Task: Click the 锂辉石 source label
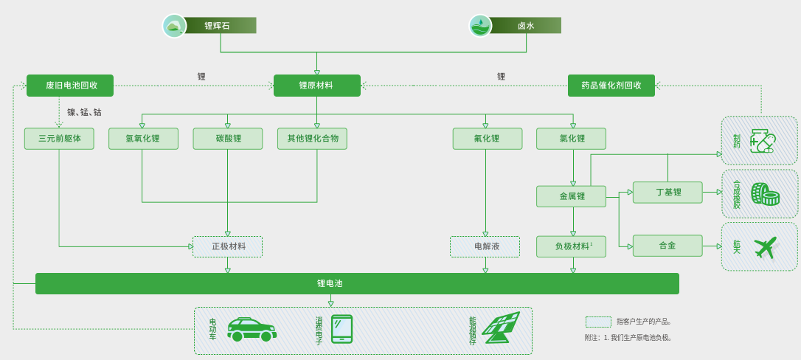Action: point(218,26)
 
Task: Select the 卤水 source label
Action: point(525,26)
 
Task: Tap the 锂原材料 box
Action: point(316,86)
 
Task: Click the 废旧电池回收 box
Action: point(70,86)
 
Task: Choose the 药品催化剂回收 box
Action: point(611,86)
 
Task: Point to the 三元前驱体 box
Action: point(59,139)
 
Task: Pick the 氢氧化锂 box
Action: point(143,139)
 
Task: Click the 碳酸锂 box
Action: point(227,139)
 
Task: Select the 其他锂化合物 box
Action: point(312,139)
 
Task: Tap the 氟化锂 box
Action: point(487,139)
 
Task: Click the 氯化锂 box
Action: point(571,139)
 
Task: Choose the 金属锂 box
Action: point(571,196)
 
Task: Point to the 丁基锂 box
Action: point(667,193)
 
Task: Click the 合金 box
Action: point(667,246)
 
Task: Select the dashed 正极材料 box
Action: point(227,246)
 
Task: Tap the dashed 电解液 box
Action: point(485,246)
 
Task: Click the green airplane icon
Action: point(766,247)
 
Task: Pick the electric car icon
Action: point(252,330)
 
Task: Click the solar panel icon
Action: point(501,328)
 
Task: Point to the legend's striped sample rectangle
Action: point(598,322)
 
